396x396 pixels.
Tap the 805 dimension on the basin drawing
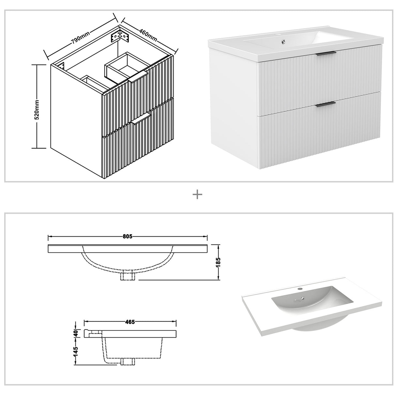coord(128,236)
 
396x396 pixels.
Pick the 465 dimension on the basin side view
coord(130,322)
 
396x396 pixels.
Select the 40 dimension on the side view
coord(75,333)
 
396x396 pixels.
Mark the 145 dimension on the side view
coord(75,351)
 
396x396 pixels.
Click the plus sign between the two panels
coord(198,195)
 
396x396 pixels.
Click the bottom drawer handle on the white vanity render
coord(326,104)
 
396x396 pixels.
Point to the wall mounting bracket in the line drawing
coord(120,36)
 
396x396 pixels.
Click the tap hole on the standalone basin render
coord(299,289)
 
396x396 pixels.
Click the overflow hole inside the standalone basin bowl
coord(303,297)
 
